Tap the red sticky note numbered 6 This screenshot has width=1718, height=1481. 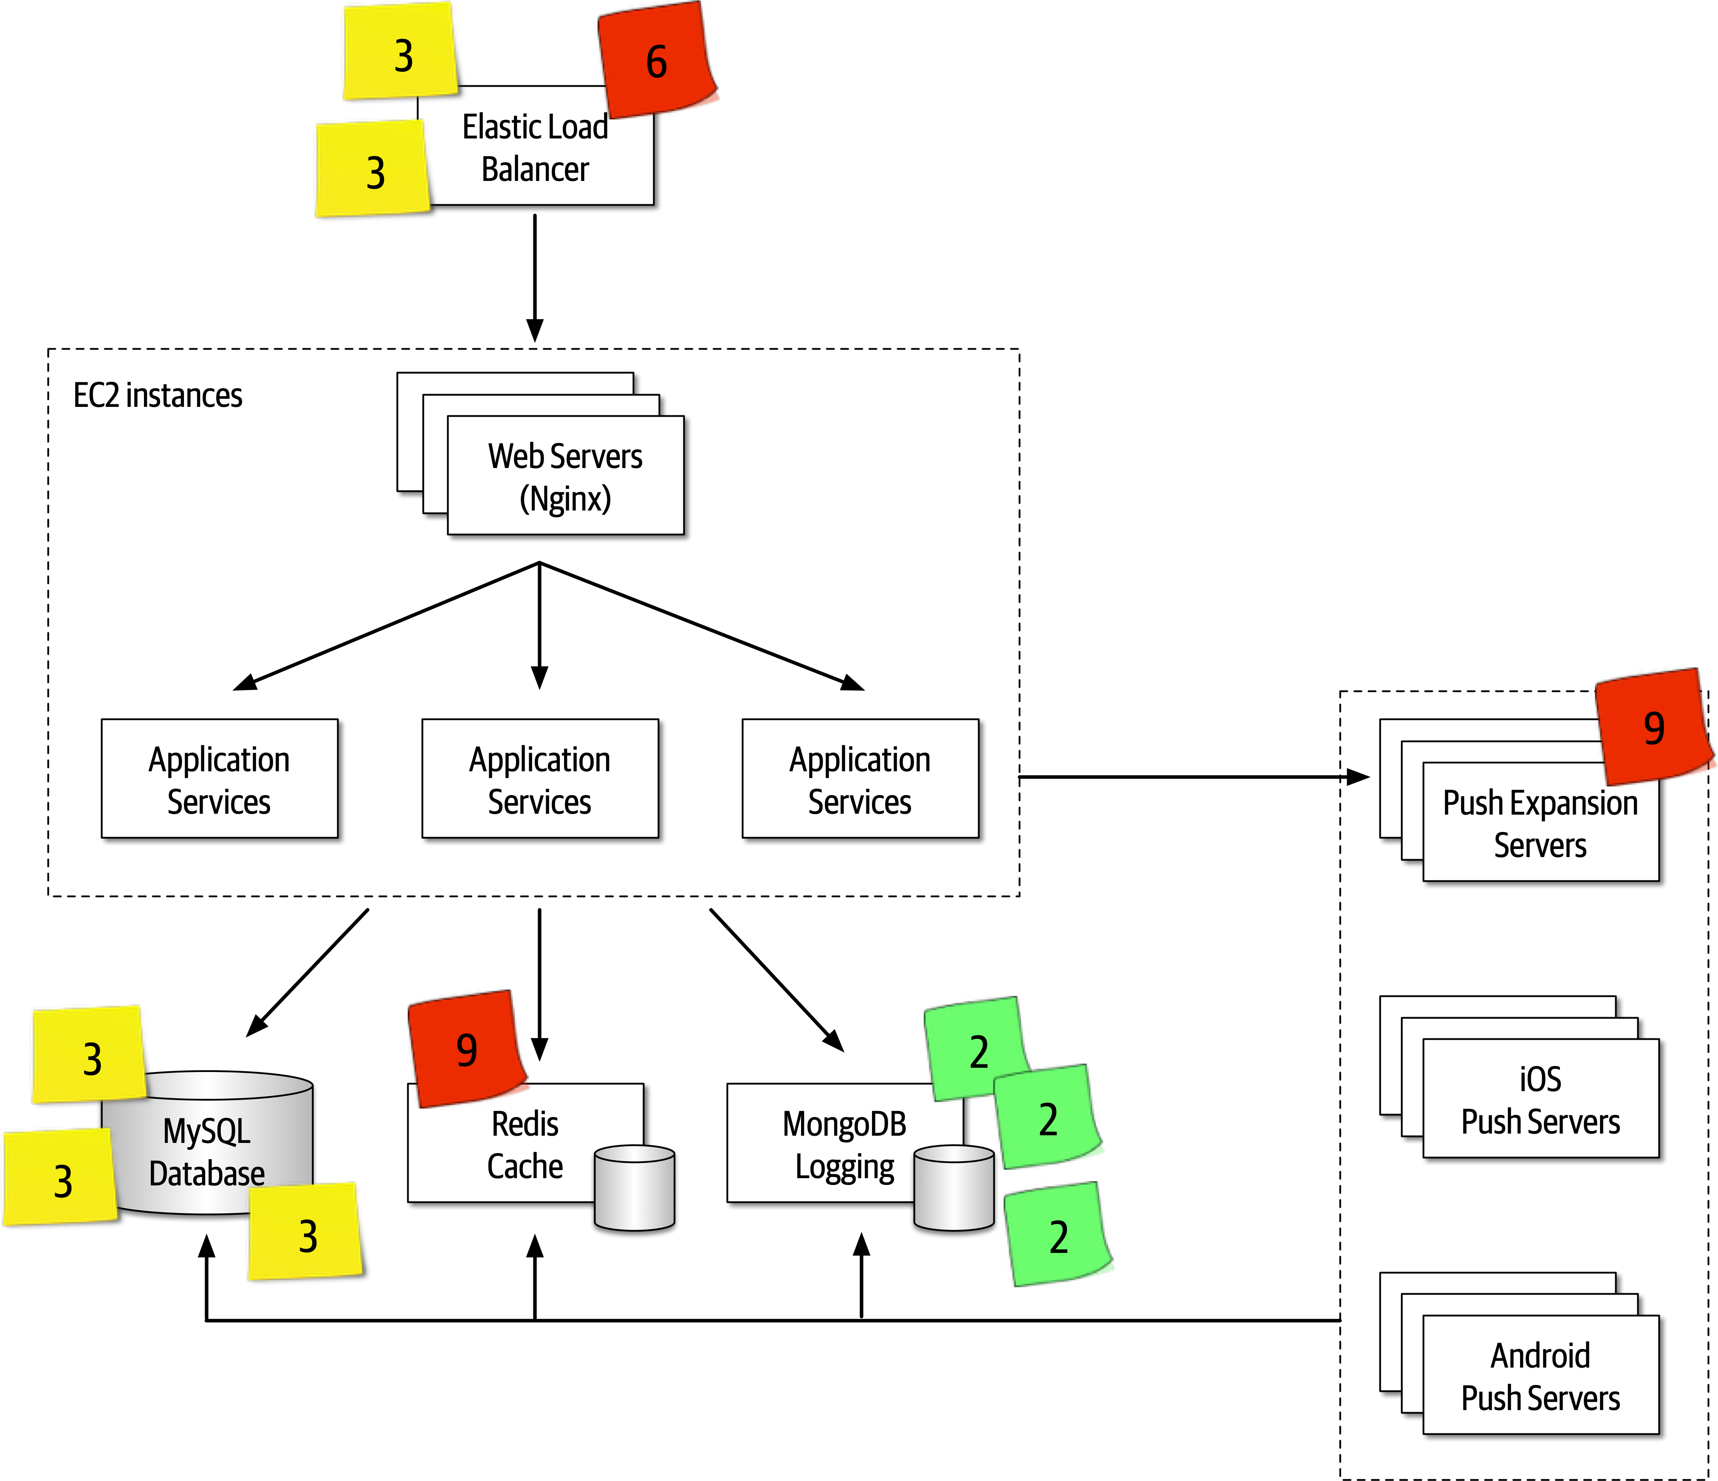(x=657, y=60)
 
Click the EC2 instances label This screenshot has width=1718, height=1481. (x=158, y=395)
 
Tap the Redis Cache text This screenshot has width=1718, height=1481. (x=525, y=1144)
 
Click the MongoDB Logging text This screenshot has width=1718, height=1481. (x=844, y=1144)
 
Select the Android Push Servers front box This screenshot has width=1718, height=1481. (x=1540, y=1377)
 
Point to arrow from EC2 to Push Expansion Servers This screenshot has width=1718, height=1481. (x=1186, y=777)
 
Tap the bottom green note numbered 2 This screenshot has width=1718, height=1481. (x=1058, y=1236)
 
